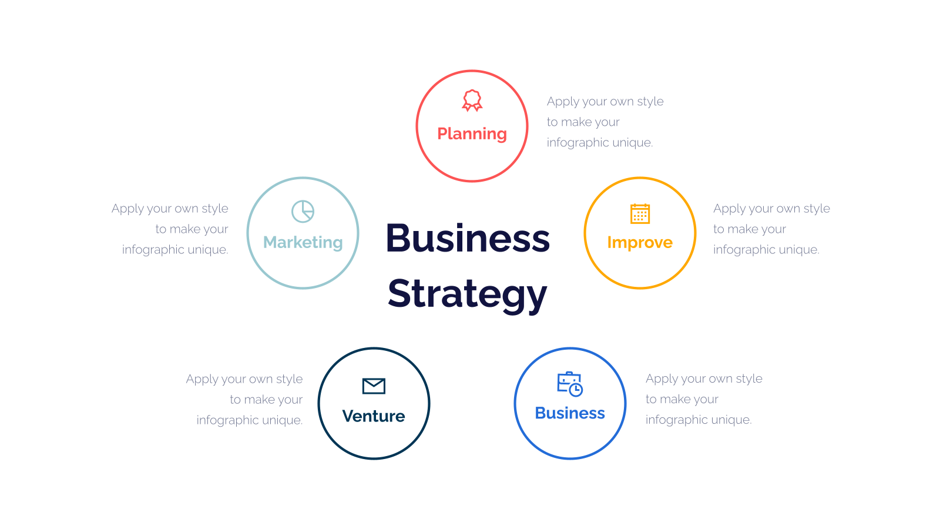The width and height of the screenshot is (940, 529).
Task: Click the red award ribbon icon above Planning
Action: (x=472, y=101)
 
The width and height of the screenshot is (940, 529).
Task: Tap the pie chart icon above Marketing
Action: (x=303, y=211)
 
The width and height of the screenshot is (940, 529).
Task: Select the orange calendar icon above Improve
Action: (x=640, y=214)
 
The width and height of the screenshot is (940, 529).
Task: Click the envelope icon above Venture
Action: (x=374, y=386)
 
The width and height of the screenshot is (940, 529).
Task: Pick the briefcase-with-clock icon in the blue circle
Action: (x=570, y=384)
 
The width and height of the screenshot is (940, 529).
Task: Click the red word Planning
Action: (x=472, y=134)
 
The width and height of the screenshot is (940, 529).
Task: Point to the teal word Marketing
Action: (x=303, y=243)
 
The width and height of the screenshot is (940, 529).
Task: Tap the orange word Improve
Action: (x=640, y=243)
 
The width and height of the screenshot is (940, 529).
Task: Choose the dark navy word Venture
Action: (x=374, y=416)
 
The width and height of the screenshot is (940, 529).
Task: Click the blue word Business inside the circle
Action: (x=570, y=413)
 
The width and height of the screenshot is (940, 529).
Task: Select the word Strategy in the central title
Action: (x=468, y=294)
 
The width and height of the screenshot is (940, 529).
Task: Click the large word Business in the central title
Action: (x=468, y=238)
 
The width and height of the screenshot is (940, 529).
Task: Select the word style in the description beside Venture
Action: (x=289, y=379)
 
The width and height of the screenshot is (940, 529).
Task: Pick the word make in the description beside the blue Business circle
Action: (x=689, y=399)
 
